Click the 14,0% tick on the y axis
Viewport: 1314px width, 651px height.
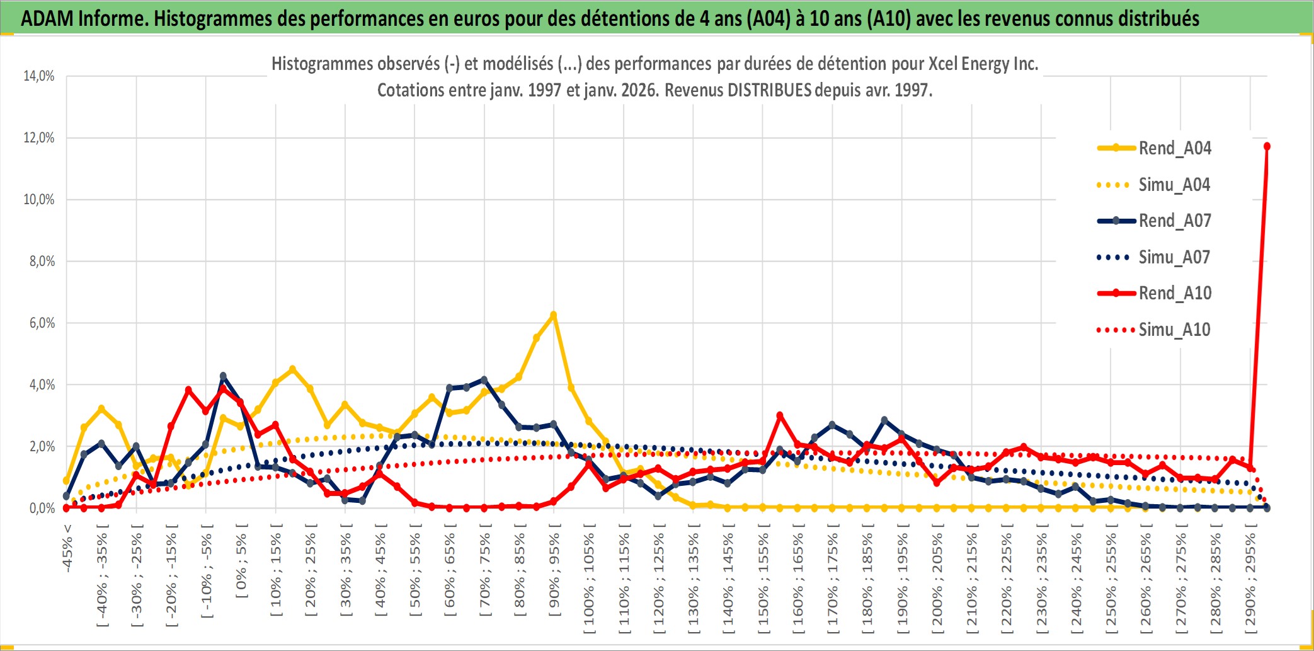(x=39, y=76)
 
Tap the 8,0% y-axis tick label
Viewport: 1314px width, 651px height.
(x=42, y=262)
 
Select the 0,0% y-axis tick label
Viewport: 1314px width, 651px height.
(x=42, y=509)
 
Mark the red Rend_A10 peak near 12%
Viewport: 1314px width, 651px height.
(x=1267, y=146)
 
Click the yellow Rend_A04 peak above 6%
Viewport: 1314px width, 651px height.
(x=553, y=315)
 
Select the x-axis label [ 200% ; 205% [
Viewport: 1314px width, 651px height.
(x=937, y=580)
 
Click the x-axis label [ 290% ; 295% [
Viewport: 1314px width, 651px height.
(x=1250, y=580)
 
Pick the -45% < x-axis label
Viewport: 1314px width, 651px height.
(x=67, y=548)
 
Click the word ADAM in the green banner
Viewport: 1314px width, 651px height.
(x=47, y=18)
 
